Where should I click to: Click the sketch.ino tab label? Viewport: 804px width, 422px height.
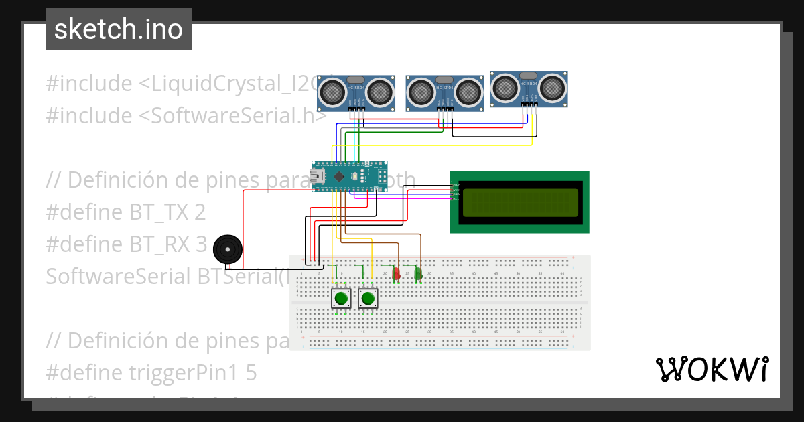(119, 29)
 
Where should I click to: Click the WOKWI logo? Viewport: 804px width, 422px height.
(712, 369)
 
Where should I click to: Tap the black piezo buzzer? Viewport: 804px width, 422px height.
(227, 250)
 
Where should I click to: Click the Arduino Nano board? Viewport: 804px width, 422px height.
(349, 177)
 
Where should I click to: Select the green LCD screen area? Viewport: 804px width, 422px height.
(520, 202)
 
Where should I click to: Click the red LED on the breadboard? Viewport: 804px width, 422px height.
(396, 273)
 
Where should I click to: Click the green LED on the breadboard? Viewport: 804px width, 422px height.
(418, 273)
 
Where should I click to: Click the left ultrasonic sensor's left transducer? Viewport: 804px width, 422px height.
(332, 90)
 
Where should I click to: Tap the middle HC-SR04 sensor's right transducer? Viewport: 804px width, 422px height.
(469, 89)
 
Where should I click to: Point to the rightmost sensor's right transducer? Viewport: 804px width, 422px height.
(553, 85)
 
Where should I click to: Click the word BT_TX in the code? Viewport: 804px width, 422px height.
(157, 212)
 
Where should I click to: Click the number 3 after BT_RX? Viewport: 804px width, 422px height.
(202, 244)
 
